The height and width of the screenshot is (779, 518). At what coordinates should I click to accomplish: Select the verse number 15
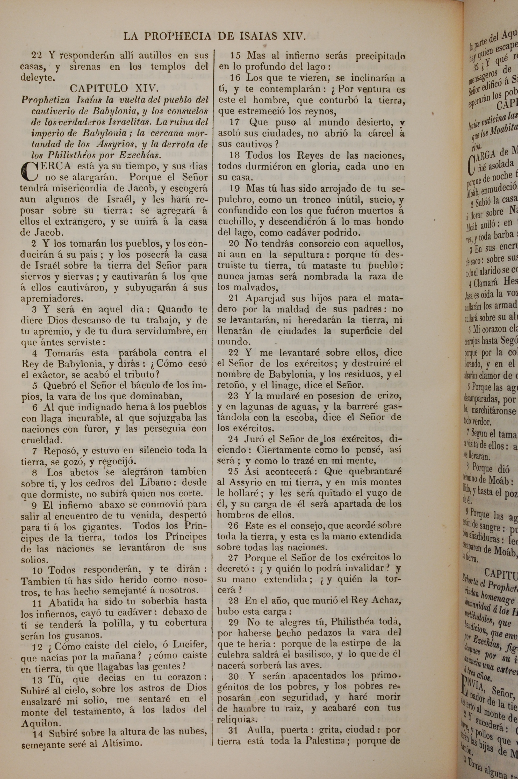(235, 55)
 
